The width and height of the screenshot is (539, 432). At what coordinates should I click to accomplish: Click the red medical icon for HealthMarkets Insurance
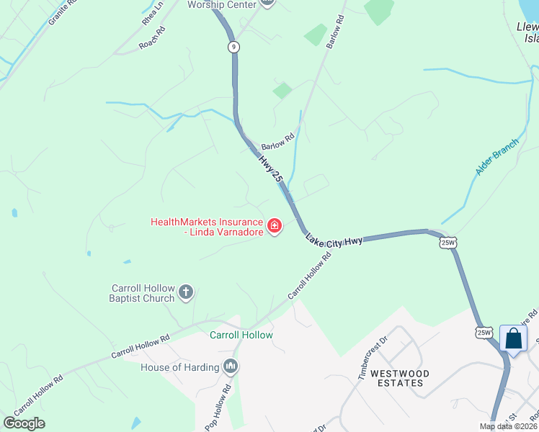pyautogui.click(x=274, y=227)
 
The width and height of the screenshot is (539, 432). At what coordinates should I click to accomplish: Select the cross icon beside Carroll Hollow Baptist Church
pyautogui.click(x=186, y=292)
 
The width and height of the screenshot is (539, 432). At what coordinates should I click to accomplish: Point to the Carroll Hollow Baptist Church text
pyautogui.click(x=142, y=293)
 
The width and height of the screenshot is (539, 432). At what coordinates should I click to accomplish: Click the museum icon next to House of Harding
pyautogui.click(x=231, y=367)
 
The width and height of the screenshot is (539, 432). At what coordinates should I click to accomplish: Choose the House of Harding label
pyautogui.click(x=179, y=367)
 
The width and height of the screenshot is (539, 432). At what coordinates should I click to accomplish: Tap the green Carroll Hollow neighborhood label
pyautogui.click(x=241, y=335)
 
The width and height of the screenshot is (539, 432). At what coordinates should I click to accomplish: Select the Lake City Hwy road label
pyautogui.click(x=333, y=240)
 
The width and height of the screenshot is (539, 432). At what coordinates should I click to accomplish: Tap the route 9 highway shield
pyautogui.click(x=233, y=47)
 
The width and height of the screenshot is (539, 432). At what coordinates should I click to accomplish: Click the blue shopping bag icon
pyautogui.click(x=513, y=338)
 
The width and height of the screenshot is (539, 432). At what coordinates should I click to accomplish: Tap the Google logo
pyautogui.click(x=24, y=423)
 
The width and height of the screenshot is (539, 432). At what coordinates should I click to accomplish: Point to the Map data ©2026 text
pyautogui.click(x=508, y=426)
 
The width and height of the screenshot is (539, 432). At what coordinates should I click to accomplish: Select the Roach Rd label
pyautogui.click(x=152, y=37)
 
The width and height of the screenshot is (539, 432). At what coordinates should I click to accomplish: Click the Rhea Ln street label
pyautogui.click(x=153, y=13)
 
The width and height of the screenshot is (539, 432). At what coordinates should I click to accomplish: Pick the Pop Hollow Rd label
pyautogui.click(x=217, y=407)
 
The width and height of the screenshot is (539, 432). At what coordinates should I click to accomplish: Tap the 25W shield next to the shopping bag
pyautogui.click(x=484, y=332)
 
